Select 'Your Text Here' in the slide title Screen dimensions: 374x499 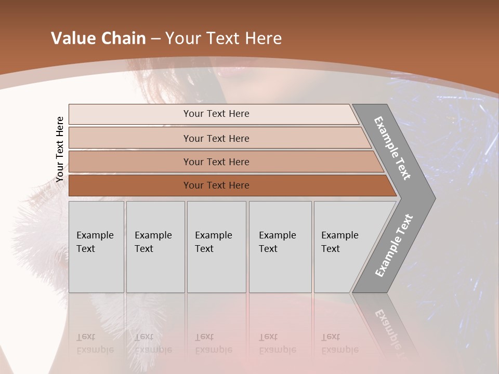(224, 38)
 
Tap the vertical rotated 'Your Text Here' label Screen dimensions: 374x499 (60, 150)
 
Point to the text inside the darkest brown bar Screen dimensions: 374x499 (216, 185)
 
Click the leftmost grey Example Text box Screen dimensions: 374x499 (96, 247)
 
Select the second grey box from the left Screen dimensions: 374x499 (155, 247)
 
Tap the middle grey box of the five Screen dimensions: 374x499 (216, 247)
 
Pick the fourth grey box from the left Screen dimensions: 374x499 (280, 247)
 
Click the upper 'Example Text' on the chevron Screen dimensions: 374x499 (392, 148)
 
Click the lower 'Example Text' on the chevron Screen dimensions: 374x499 (393, 246)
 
